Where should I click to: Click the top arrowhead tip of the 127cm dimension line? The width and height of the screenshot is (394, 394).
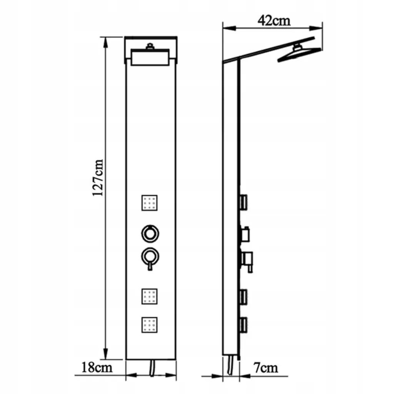coord(106,37)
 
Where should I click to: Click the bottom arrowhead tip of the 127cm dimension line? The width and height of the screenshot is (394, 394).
coord(106,359)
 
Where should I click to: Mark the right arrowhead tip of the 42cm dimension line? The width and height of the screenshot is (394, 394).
coord(322,28)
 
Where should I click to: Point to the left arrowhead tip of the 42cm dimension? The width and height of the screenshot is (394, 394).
coord(223,28)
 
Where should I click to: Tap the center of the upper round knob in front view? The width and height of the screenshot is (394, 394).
coord(150,234)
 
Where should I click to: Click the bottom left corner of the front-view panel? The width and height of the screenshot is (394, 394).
coord(126,359)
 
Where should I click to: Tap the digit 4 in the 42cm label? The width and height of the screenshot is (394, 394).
coord(262,21)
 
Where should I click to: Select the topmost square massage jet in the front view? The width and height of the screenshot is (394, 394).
coord(150,203)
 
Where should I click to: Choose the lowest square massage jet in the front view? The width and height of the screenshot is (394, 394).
coord(150,325)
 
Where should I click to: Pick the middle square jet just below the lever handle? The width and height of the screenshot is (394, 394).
coord(150,297)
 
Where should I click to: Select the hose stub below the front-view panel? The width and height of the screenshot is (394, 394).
coord(152,368)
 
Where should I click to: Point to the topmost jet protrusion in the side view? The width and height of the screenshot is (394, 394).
coord(243,202)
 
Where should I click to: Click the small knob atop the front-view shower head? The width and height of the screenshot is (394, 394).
coord(150,46)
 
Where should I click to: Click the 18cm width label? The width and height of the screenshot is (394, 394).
coord(97,367)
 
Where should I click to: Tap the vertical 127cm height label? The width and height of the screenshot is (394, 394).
coord(98,178)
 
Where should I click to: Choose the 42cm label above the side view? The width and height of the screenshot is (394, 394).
coord(274,21)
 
